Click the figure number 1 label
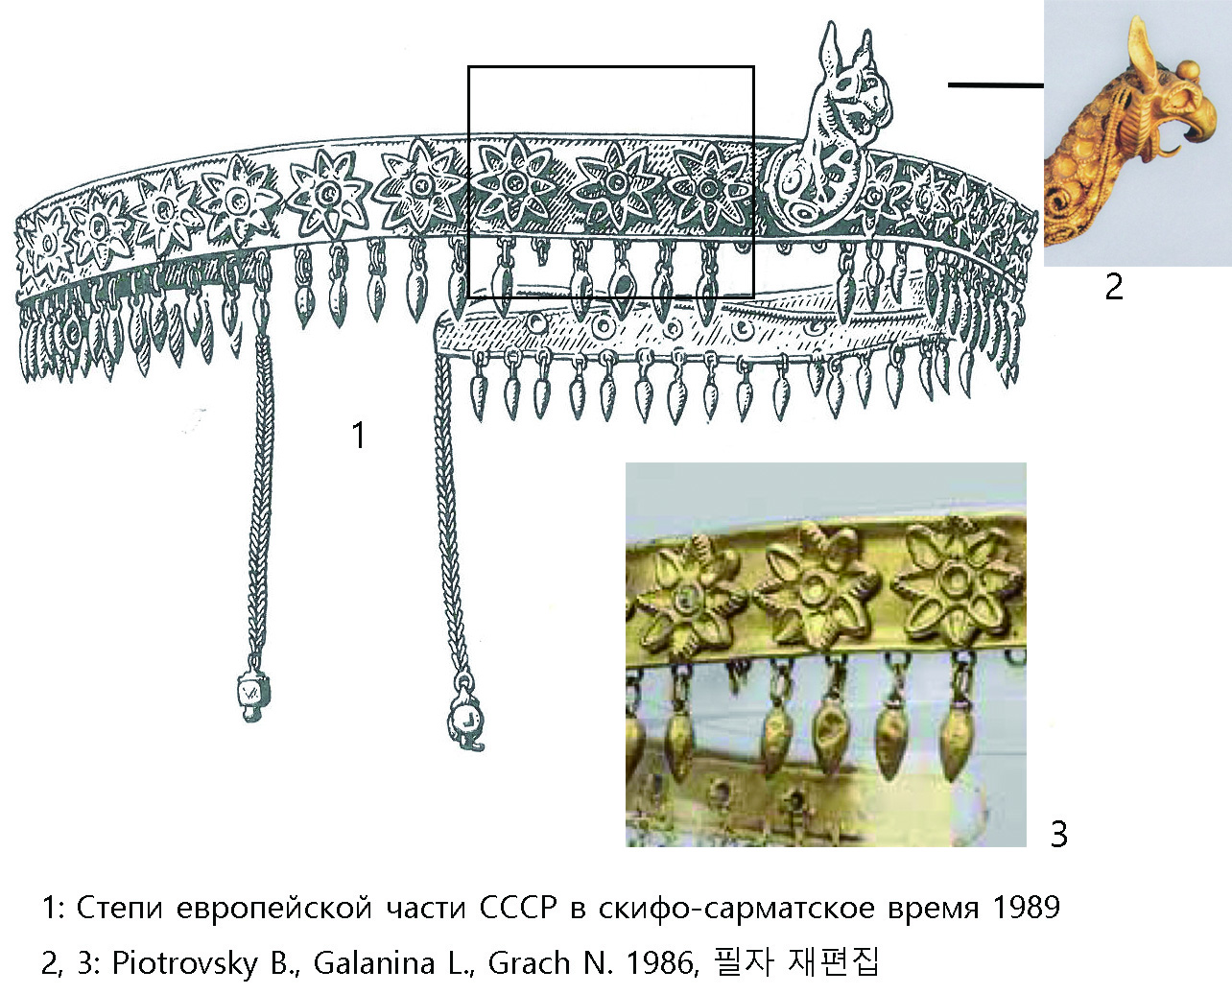[359, 436]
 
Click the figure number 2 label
[1113, 286]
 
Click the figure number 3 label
[1059, 833]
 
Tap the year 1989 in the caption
[1026, 908]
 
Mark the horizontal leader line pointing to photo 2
[995, 85]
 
